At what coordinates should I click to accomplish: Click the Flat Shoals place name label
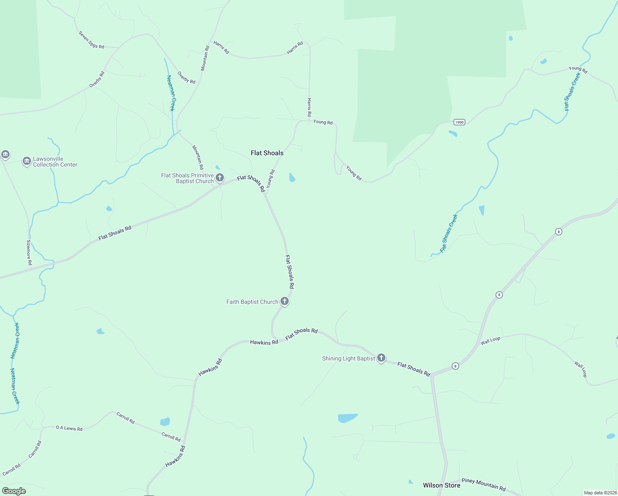point(267,153)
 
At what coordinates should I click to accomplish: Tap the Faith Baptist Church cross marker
point(285,301)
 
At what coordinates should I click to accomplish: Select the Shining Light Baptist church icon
point(381,358)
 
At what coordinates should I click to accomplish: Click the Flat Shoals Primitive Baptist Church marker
point(220,178)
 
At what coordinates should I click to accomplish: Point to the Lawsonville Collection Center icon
point(27,161)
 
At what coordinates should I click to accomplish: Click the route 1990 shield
point(459,122)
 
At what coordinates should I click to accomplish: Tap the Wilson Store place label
point(441,485)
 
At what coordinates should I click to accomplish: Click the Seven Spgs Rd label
point(91,40)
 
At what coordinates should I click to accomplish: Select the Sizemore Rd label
point(29,252)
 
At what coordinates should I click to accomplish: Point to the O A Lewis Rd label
point(69,428)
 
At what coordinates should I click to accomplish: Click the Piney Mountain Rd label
point(483,484)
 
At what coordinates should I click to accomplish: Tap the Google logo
point(14,491)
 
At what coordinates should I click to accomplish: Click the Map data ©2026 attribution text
point(600,493)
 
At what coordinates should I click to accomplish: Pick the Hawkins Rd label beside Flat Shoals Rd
point(264,342)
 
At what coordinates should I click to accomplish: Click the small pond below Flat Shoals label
point(292,178)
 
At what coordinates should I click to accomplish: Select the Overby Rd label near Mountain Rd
point(186,78)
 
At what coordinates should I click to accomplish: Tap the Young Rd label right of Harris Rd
point(323,122)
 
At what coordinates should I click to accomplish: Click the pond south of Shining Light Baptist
point(347,418)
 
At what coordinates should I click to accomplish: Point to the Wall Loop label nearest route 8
point(490,341)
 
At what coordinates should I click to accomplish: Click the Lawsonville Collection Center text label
point(55,162)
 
